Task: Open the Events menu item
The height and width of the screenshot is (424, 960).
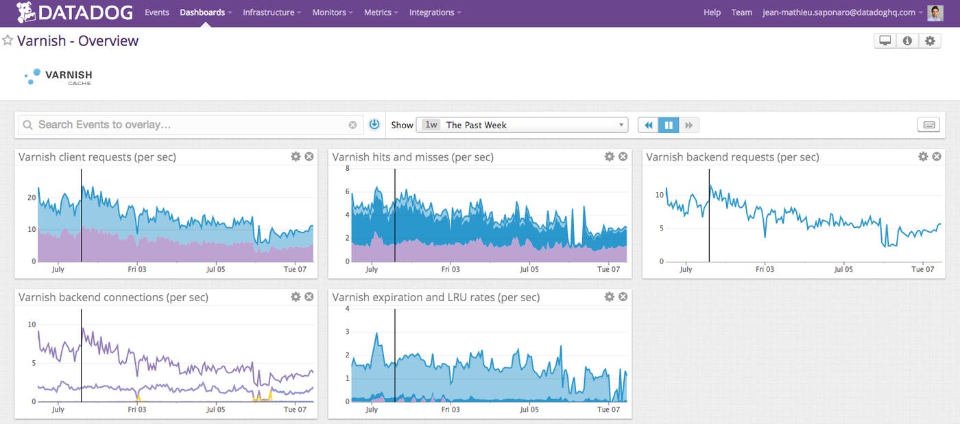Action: (156, 12)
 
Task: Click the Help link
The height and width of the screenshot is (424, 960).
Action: (712, 12)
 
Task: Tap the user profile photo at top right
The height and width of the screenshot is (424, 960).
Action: (935, 12)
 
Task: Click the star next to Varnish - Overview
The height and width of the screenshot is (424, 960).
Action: (8, 40)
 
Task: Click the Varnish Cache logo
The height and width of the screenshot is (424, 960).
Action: (58, 77)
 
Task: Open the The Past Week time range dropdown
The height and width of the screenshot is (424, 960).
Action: (522, 125)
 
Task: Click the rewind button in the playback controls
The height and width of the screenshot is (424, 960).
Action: (648, 125)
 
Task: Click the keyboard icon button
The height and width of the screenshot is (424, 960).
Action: (929, 125)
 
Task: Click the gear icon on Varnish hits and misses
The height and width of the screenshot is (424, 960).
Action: (609, 156)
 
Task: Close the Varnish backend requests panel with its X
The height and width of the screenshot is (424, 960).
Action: (937, 156)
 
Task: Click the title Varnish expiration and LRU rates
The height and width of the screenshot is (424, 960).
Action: (435, 297)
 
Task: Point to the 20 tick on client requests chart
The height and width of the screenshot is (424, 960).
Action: (31, 198)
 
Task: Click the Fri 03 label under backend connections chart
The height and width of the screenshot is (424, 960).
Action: (137, 410)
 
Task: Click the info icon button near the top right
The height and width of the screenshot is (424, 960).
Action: (907, 41)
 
